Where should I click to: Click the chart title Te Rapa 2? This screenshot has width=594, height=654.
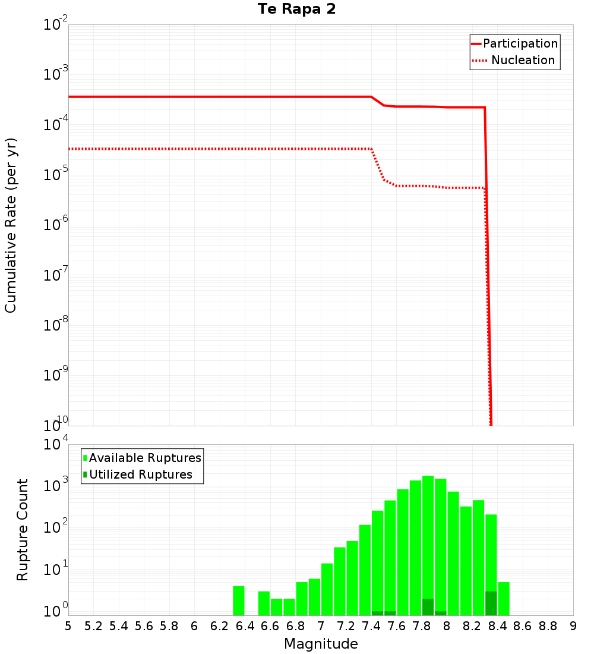tap(296, 10)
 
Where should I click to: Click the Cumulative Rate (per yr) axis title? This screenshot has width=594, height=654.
tap(11, 225)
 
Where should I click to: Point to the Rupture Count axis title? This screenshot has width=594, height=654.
tap(23, 530)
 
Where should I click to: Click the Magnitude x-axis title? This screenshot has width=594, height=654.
tap(321, 644)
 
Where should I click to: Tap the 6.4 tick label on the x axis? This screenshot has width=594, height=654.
tap(245, 626)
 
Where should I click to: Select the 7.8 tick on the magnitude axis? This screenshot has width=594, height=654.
tap(422, 626)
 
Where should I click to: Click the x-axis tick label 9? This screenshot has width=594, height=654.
tap(573, 626)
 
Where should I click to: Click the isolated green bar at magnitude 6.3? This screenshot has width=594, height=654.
tap(239, 600)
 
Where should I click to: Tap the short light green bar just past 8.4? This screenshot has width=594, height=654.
tap(504, 599)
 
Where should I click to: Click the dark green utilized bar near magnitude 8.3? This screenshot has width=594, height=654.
tap(491, 603)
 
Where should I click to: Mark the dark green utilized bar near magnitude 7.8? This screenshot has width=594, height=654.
tap(428, 607)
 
